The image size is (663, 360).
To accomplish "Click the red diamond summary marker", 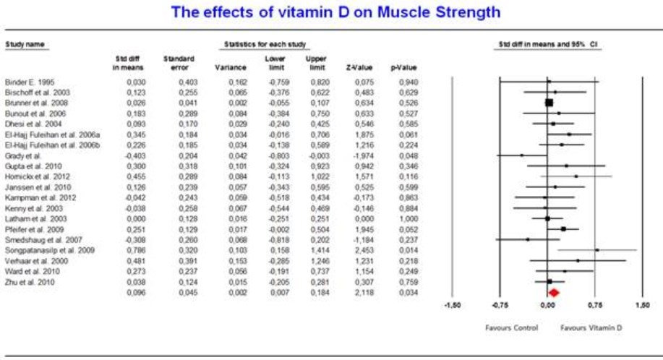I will tap(554, 293).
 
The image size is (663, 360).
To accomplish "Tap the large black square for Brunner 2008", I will tap(549, 103).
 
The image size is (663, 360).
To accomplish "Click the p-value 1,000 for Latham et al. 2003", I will tap(409, 218).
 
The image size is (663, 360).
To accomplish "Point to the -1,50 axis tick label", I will tap(453, 306).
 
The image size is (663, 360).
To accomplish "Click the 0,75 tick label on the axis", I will tap(595, 306).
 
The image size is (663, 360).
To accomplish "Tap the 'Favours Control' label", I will tap(511, 327).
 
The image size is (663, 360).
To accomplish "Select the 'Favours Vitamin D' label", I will tap(591, 327).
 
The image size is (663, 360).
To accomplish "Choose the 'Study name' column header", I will tap(25, 45).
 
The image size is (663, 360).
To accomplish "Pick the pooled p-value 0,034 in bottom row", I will tap(409, 292).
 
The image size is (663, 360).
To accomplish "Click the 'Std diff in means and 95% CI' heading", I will tap(553, 45).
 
